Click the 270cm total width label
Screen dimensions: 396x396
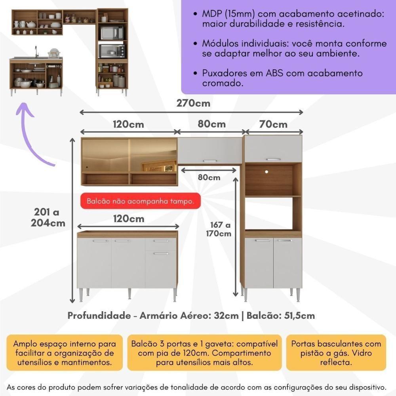pos(194,104)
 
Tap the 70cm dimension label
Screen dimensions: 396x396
pos(274,124)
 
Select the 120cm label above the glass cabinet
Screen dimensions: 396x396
pos(128,124)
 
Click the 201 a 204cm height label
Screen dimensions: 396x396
pos(48,217)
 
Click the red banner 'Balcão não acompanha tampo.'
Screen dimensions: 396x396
pos(138,201)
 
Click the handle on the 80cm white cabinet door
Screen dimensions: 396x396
pos(210,161)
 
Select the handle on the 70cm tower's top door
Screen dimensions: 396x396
pos(273,159)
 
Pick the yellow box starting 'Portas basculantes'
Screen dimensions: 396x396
pos(336,352)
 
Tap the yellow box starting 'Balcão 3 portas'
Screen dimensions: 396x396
pos(205,352)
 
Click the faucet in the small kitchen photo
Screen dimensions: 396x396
pos(36,51)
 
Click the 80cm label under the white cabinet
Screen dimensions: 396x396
pos(209,177)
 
